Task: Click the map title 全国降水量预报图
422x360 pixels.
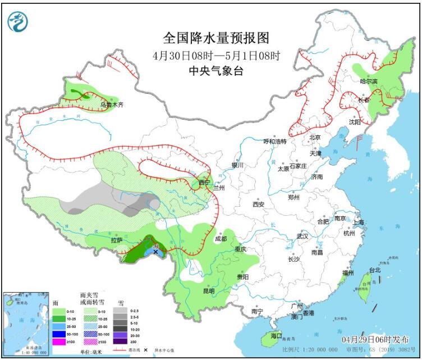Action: (x=216, y=38)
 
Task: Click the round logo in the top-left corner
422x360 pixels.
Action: (x=17, y=21)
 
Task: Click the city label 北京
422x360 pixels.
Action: (x=314, y=138)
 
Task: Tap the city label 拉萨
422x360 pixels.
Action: (x=116, y=240)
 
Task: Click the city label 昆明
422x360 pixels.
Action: (x=209, y=291)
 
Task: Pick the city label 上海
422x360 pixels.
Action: (x=359, y=222)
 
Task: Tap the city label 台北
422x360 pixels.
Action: (x=374, y=270)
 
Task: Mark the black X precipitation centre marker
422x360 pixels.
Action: (x=155, y=252)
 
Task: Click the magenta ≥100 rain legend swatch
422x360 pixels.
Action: (x=58, y=342)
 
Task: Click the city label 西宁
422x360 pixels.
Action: (x=204, y=183)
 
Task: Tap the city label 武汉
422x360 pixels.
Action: (x=304, y=236)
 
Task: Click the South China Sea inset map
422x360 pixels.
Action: (x=26, y=323)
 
